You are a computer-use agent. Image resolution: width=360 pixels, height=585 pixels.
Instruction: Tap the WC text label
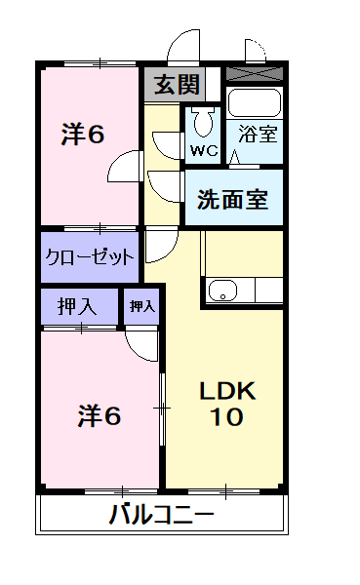point(203,151)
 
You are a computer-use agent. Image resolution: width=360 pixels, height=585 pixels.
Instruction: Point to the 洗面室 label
point(232,199)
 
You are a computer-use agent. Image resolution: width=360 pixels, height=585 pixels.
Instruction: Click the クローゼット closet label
point(91,258)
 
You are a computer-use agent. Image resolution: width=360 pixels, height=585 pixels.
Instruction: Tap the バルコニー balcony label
point(161,514)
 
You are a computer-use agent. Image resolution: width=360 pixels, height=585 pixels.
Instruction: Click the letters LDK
point(226,392)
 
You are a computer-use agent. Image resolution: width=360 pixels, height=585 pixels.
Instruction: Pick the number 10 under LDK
point(226,418)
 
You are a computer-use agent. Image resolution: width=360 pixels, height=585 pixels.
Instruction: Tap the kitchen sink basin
point(223,289)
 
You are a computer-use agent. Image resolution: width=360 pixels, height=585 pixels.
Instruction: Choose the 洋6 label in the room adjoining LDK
point(99,416)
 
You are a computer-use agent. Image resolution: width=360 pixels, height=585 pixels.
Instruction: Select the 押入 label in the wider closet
point(76,306)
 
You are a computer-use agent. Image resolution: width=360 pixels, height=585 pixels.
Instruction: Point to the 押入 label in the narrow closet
point(142,306)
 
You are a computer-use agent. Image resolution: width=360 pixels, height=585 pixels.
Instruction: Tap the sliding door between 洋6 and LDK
point(162,405)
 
